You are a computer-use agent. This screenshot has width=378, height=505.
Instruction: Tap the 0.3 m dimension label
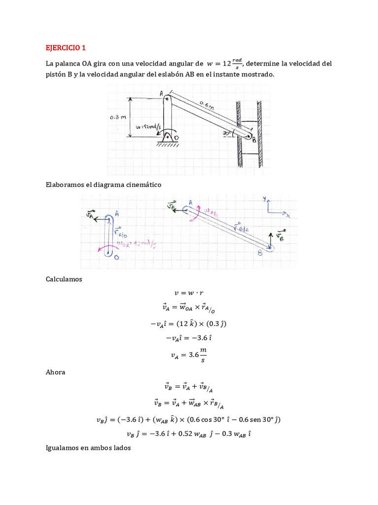pyautogui.click(x=119, y=118)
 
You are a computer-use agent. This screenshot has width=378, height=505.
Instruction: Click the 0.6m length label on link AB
pyautogui.click(x=207, y=106)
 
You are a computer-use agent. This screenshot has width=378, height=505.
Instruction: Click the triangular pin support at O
pyautogui.click(x=167, y=139)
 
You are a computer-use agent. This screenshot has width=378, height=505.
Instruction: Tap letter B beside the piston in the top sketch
pyautogui.click(x=254, y=140)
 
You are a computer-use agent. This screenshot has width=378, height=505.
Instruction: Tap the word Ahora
pyautogui.click(x=55, y=372)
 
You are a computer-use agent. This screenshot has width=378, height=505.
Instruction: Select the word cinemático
pyautogui.click(x=143, y=184)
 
